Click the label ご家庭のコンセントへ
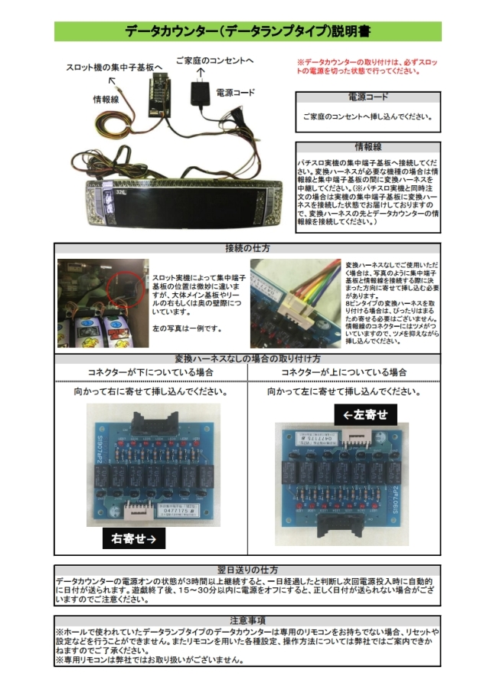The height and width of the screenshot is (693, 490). pos(214,59)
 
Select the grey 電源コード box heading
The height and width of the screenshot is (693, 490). pos(367,98)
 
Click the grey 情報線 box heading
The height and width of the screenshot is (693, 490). pos(367,146)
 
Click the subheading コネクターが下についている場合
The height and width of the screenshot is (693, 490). pos(151,371)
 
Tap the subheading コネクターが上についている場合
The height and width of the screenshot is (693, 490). pos(344,371)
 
